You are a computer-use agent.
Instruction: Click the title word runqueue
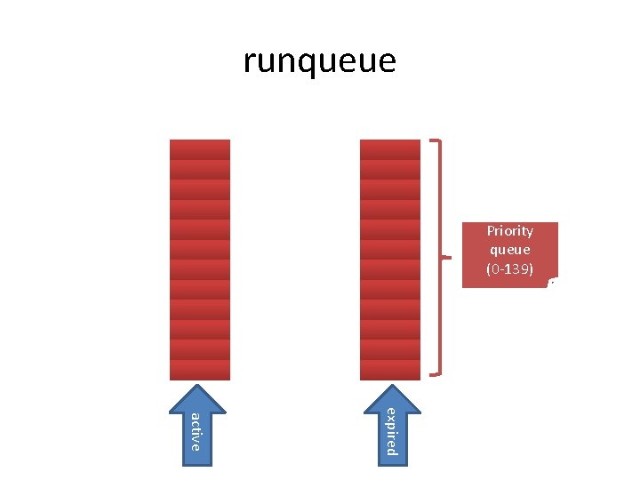click(x=319, y=61)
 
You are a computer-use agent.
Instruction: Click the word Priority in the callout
click(x=509, y=231)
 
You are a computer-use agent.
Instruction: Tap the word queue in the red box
click(x=509, y=250)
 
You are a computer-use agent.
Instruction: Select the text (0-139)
click(x=509, y=268)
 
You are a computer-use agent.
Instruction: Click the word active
click(x=196, y=431)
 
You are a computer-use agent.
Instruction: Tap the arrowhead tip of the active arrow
click(x=200, y=387)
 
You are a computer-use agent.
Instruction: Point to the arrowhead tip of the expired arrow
click(x=390, y=387)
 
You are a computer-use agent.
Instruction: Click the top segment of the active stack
click(x=200, y=149)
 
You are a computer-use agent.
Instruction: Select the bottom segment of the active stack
click(x=200, y=370)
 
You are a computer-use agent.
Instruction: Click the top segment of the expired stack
click(x=390, y=149)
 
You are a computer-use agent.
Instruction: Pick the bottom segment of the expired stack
click(x=390, y=370)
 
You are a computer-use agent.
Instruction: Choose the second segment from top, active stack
click(x=200, y=169)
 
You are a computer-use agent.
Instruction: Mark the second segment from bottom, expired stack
click(x=390, y=349)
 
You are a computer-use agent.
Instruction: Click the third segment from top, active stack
click(x=200, y=189)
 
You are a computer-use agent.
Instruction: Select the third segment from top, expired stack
click(x=390, y=189)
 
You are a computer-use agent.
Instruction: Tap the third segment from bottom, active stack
click(x=200, y=330)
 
